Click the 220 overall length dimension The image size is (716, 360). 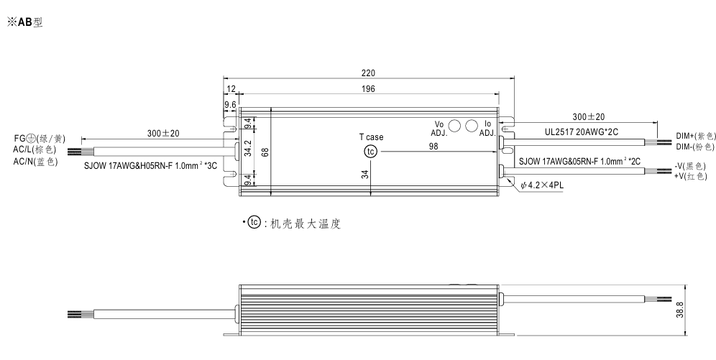coord(368,72)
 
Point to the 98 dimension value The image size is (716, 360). coord(433,147)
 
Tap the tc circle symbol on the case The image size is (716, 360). coord(370,152)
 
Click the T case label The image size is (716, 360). coord(372,137)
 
